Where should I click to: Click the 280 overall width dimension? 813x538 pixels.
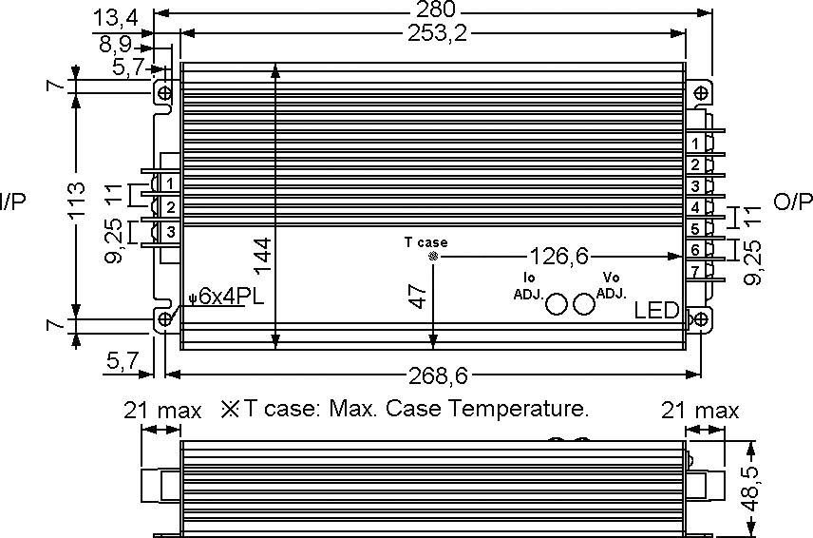click(x=434, y=10)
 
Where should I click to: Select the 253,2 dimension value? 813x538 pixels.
click(x=434, y=34)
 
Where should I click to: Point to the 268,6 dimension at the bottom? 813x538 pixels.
click(x=433, y=374)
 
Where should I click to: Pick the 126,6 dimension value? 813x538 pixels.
click(x=559, y=257)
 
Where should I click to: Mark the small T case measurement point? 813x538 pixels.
click(x=433, y=257)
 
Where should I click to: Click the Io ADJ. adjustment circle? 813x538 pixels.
click(x=558, y=302)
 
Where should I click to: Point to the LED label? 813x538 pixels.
click(x=656, y=311)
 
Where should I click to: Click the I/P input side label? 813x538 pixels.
click(x=14, y=201)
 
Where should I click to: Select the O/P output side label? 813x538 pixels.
click(x=794, y=201)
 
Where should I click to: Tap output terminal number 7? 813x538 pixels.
click(x=695, y=272)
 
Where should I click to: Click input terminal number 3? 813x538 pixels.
click(x=170, y=231)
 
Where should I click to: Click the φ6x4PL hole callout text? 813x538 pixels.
click(x=225, y=297)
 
